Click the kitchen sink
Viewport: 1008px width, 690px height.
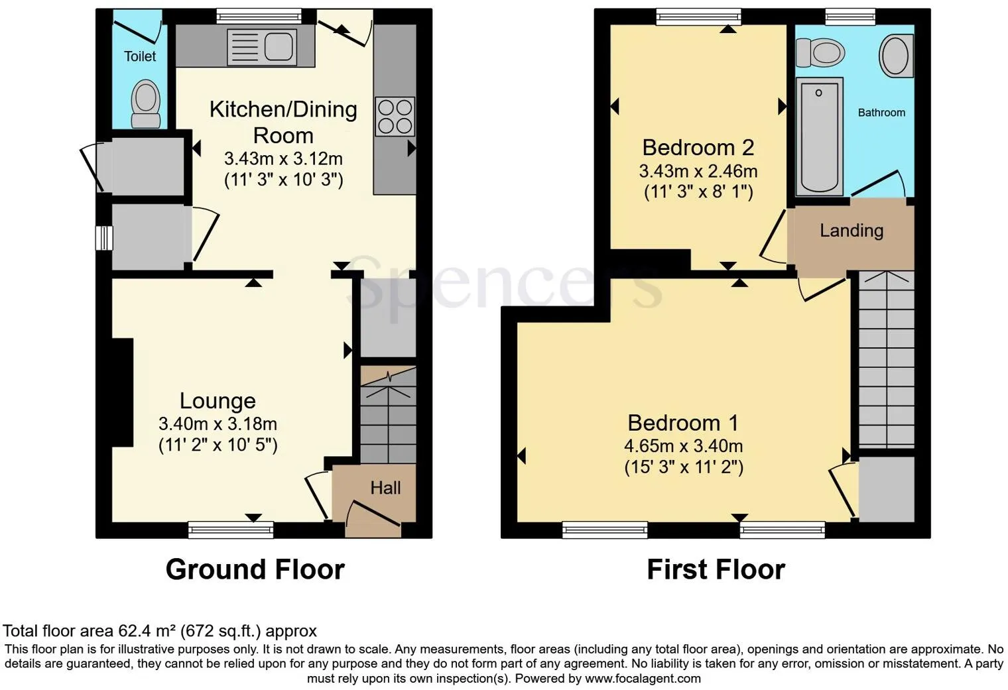pos(261,46)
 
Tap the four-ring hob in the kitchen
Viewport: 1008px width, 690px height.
pos(395,116)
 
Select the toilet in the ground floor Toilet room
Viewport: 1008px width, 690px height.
pos(146,104)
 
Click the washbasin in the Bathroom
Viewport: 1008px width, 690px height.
pos(895,55)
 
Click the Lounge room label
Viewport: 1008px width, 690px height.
pos(218,401)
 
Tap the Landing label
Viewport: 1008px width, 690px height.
pos(851,231)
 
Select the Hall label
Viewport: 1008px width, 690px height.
pos(385,488)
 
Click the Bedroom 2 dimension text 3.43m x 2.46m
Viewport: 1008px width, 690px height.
pos(698,171)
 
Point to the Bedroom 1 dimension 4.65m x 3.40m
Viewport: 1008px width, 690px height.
pos(683,446)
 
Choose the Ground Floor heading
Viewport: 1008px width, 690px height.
pos(255,569)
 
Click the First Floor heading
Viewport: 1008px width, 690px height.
pos(716,569)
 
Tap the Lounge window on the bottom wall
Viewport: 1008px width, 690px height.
pos(231,529)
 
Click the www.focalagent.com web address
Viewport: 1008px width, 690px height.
pos(643,679)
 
